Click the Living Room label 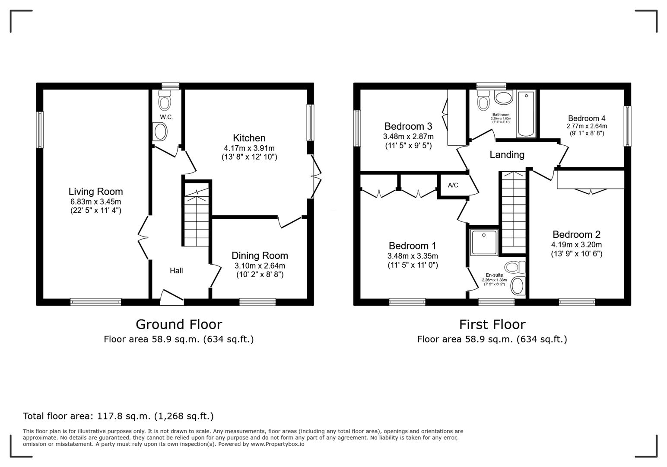pyautogui.click(x=95, y=192)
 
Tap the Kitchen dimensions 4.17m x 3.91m pyautogui.click(x=249, y=148)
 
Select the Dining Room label pyautogui.click(x=260, y=256)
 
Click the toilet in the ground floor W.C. pyautogui.click(x=165, y=102)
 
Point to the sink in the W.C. pyautogui.click(x=160, y=131)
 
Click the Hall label pyautogui.click(x=176, y=271)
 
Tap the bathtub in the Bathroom pyautogui.click(x=526, y=114)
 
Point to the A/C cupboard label pyautogui.click(x=453, y=186)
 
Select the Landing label pyautogui.click(x=507, y=154)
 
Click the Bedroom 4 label pyautogui.click(x=586, y=118)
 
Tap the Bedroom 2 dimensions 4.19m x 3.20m pyautogui.click(x=576, y=245)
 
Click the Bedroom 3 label pyautogui.click(x=408, y=126)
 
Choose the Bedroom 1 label pyautogui.click(x=413, y=246)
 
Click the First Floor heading pyautogui.click(x=492, y=324)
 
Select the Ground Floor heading pyautogui.click(x=179, y=324)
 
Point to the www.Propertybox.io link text pyautogui.click(x=277, y=444)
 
